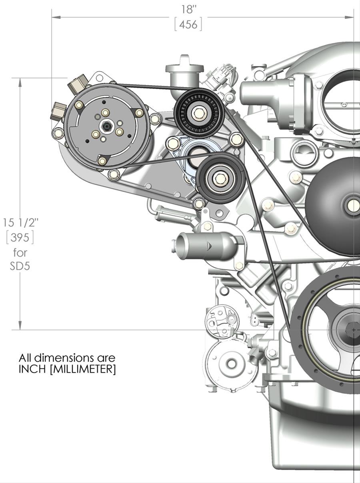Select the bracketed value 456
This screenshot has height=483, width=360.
[x=188, y=25]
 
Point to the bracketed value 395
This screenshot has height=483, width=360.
[x=20, y=238]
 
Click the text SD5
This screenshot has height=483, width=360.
[x=20, y=265]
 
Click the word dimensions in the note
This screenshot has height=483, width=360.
[x=61, y=357]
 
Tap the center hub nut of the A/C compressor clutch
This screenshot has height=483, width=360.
[x=106, y=127]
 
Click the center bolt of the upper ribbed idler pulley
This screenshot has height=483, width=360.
[x=198, y=113]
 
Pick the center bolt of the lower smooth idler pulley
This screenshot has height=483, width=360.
[x=219, y=178]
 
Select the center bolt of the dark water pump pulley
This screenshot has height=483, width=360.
[x=354, y=205]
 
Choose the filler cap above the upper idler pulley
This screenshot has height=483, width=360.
[x=184, y=68]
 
